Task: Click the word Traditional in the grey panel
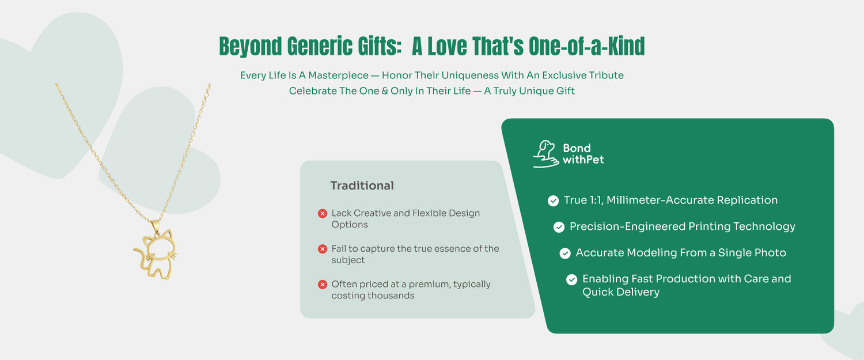(x=362, y=185)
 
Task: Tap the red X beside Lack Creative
(x=323, y=213)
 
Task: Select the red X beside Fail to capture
(x=323, y=249)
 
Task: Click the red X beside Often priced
(x=323, y=285)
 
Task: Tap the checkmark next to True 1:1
(x=553, y=200)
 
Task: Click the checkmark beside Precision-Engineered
(x=559, y=227)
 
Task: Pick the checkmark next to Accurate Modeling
(x=565, y=253)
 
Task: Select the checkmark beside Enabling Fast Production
(x=571, y=279)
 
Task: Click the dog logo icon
(x=546, y=154)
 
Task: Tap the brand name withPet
(x=583, y=160)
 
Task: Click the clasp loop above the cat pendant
(x=156, y=226)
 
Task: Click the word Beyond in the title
(x=251, y=47)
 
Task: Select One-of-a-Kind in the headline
(x=587, y=46)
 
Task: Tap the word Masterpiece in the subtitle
(x=338, y=75)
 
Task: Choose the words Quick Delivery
(x=620, y=292)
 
